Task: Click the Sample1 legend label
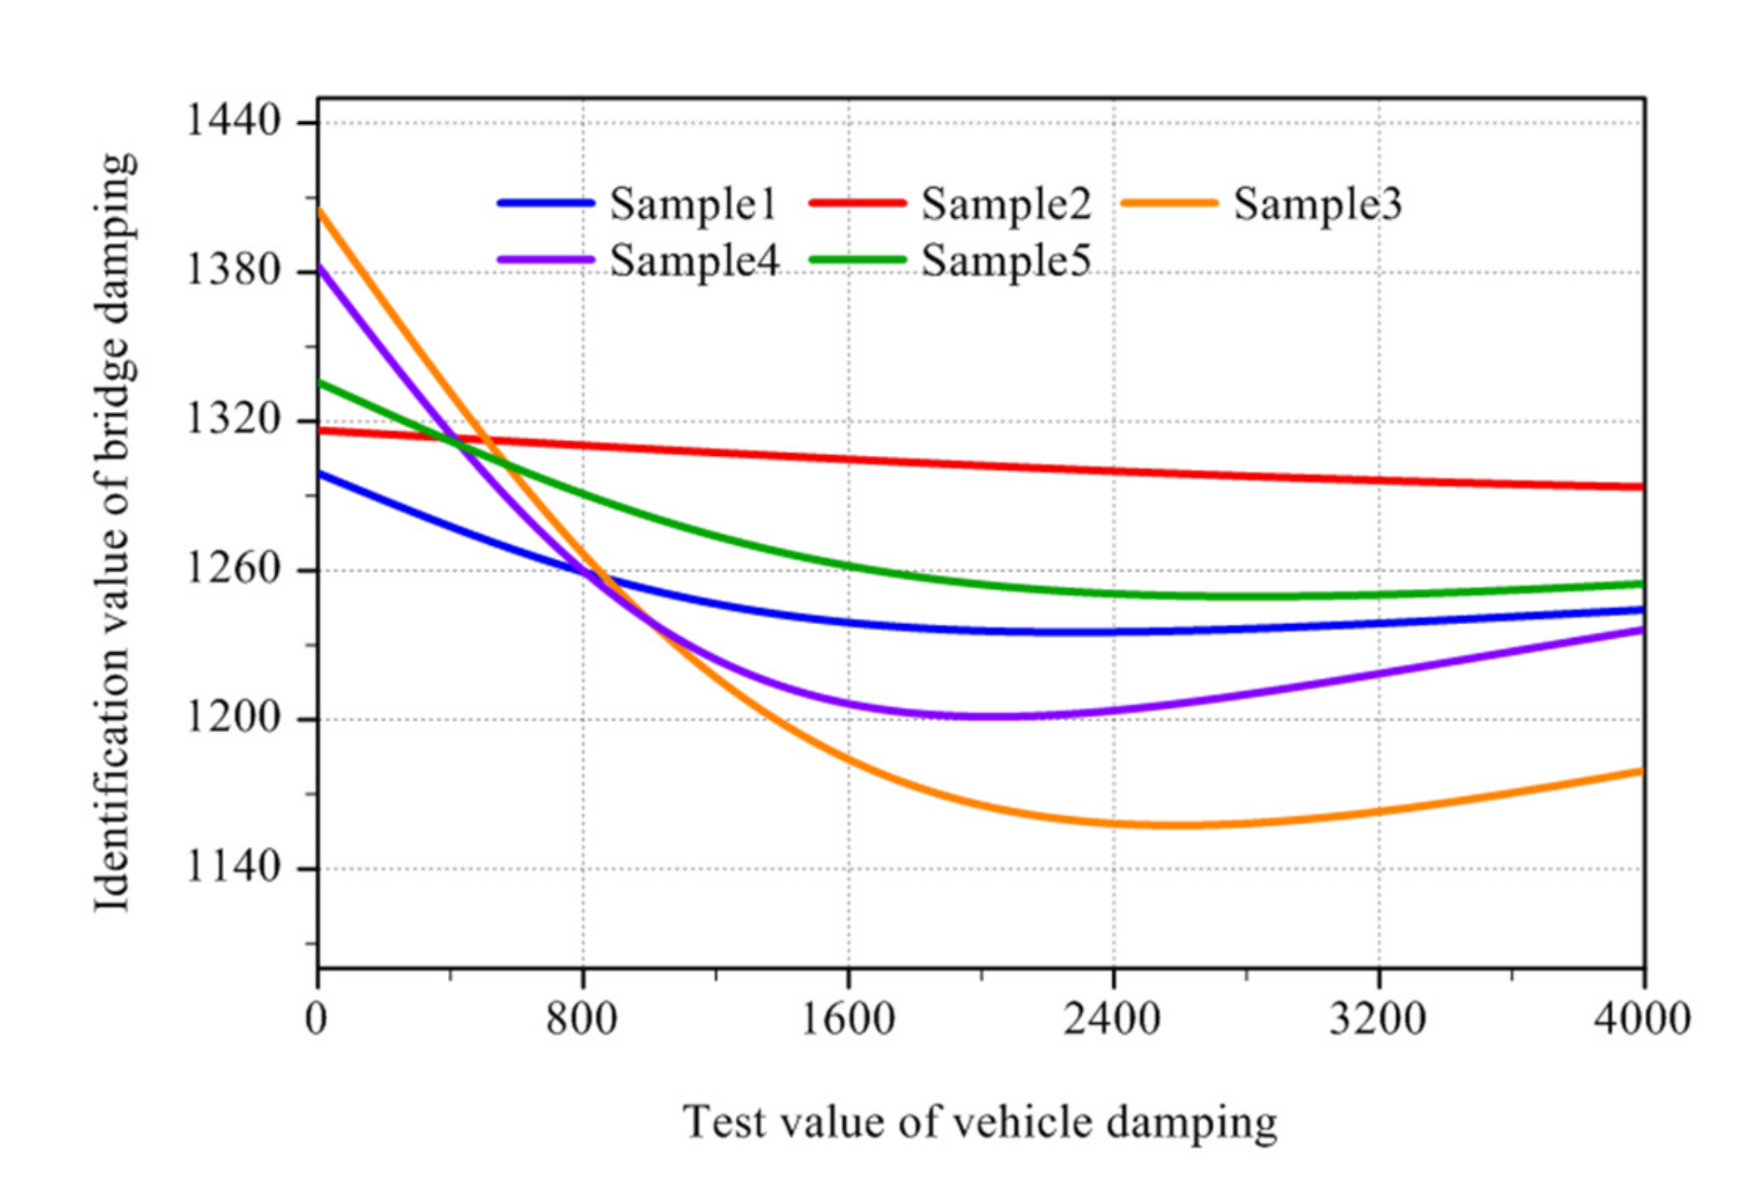692,204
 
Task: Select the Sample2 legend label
1005,204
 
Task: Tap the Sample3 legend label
1317,204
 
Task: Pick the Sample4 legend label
694,260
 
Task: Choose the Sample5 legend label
1005,260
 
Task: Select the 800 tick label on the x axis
581,1018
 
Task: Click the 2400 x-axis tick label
1112,1018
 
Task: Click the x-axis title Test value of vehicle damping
980,1122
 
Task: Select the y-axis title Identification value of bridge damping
114,532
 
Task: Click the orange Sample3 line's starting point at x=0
319,210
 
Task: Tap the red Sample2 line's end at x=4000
1642,487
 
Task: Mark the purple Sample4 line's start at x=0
319,267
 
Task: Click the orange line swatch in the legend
1169,203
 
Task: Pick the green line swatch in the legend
857,260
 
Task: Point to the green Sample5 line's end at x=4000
1642,584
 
